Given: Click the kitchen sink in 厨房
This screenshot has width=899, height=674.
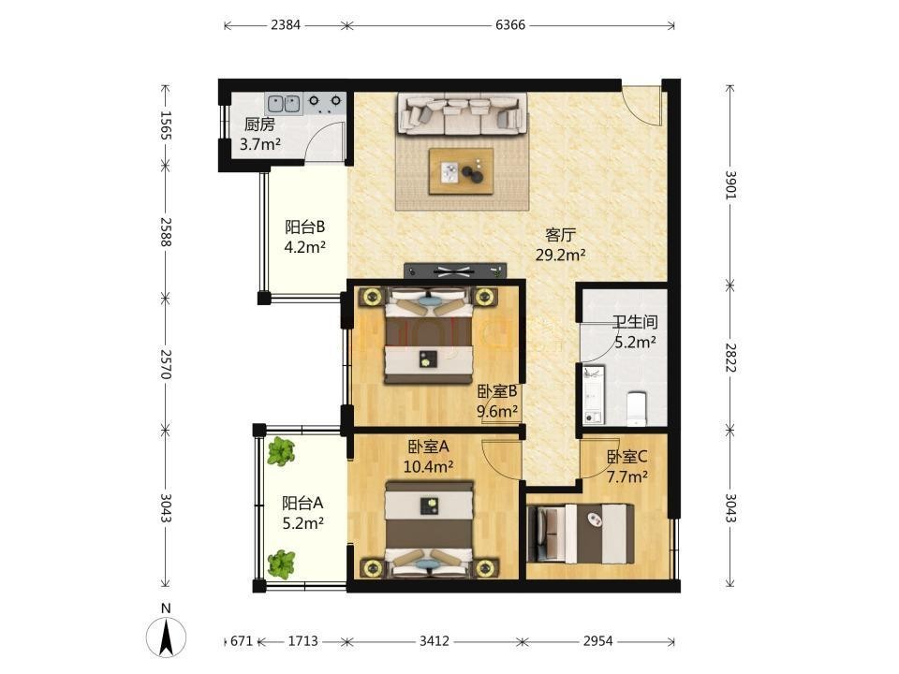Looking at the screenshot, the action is click(x=284, y=104).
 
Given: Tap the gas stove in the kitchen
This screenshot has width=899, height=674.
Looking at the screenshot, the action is click(x=325, y=102).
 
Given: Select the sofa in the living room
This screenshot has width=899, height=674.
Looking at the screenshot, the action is click(x=463, y=114).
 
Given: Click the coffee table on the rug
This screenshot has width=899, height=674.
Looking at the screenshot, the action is click(x=462, y=171).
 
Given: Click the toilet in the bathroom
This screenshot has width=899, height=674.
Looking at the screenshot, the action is click(x=637, y=408).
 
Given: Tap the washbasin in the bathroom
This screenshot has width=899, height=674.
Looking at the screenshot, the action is click(x=593, y=395).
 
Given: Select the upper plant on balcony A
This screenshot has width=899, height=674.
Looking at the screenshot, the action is click(x=280, y=451).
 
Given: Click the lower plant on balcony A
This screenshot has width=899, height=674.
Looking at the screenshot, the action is click(x=281, y=564).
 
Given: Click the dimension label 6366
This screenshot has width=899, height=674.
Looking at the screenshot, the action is click(x=510, y=25).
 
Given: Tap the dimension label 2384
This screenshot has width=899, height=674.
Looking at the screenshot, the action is click(x=285, y=25).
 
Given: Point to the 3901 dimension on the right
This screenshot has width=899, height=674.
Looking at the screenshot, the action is click(x=730, y=185).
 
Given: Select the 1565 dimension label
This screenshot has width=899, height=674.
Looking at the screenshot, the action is click(x=166, y=125).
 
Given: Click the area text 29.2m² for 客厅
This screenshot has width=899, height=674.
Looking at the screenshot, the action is click(x=560, y=255).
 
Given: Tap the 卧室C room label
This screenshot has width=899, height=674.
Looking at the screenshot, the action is click(x=627, y=457).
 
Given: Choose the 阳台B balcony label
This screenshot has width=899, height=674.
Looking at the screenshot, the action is click(x=305, y=227).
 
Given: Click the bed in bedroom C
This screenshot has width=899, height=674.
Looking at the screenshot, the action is click(x=581, y=533).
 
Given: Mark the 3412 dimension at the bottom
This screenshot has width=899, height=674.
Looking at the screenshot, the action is click(x=434, y=640).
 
